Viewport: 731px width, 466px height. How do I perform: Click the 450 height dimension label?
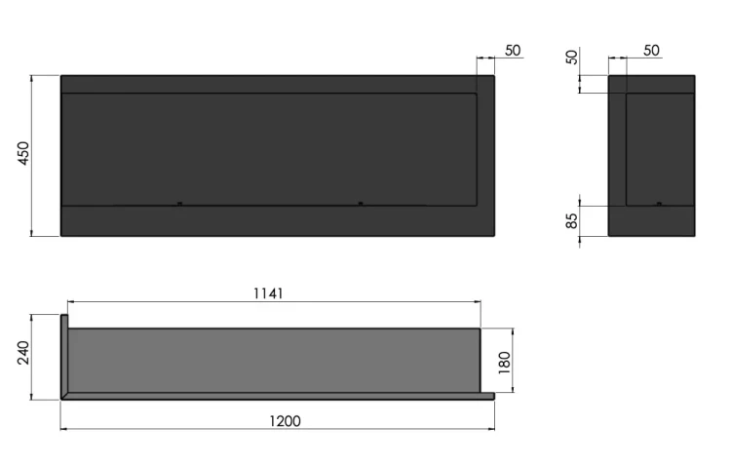(23, 153)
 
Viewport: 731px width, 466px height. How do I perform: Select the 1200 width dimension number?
(285, 421)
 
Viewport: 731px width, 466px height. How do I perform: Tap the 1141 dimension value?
(268, 293)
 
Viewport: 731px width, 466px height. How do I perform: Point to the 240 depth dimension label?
(23, 353)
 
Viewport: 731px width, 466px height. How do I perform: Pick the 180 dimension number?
(505, 363)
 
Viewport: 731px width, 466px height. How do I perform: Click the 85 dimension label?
(571, 220)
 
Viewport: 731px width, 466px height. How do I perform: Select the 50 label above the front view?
(513, 51)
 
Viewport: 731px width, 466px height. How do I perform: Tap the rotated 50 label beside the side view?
(571, 57)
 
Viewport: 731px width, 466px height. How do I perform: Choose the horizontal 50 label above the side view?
(651, 51)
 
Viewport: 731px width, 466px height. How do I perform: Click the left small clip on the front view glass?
(180, 204)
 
